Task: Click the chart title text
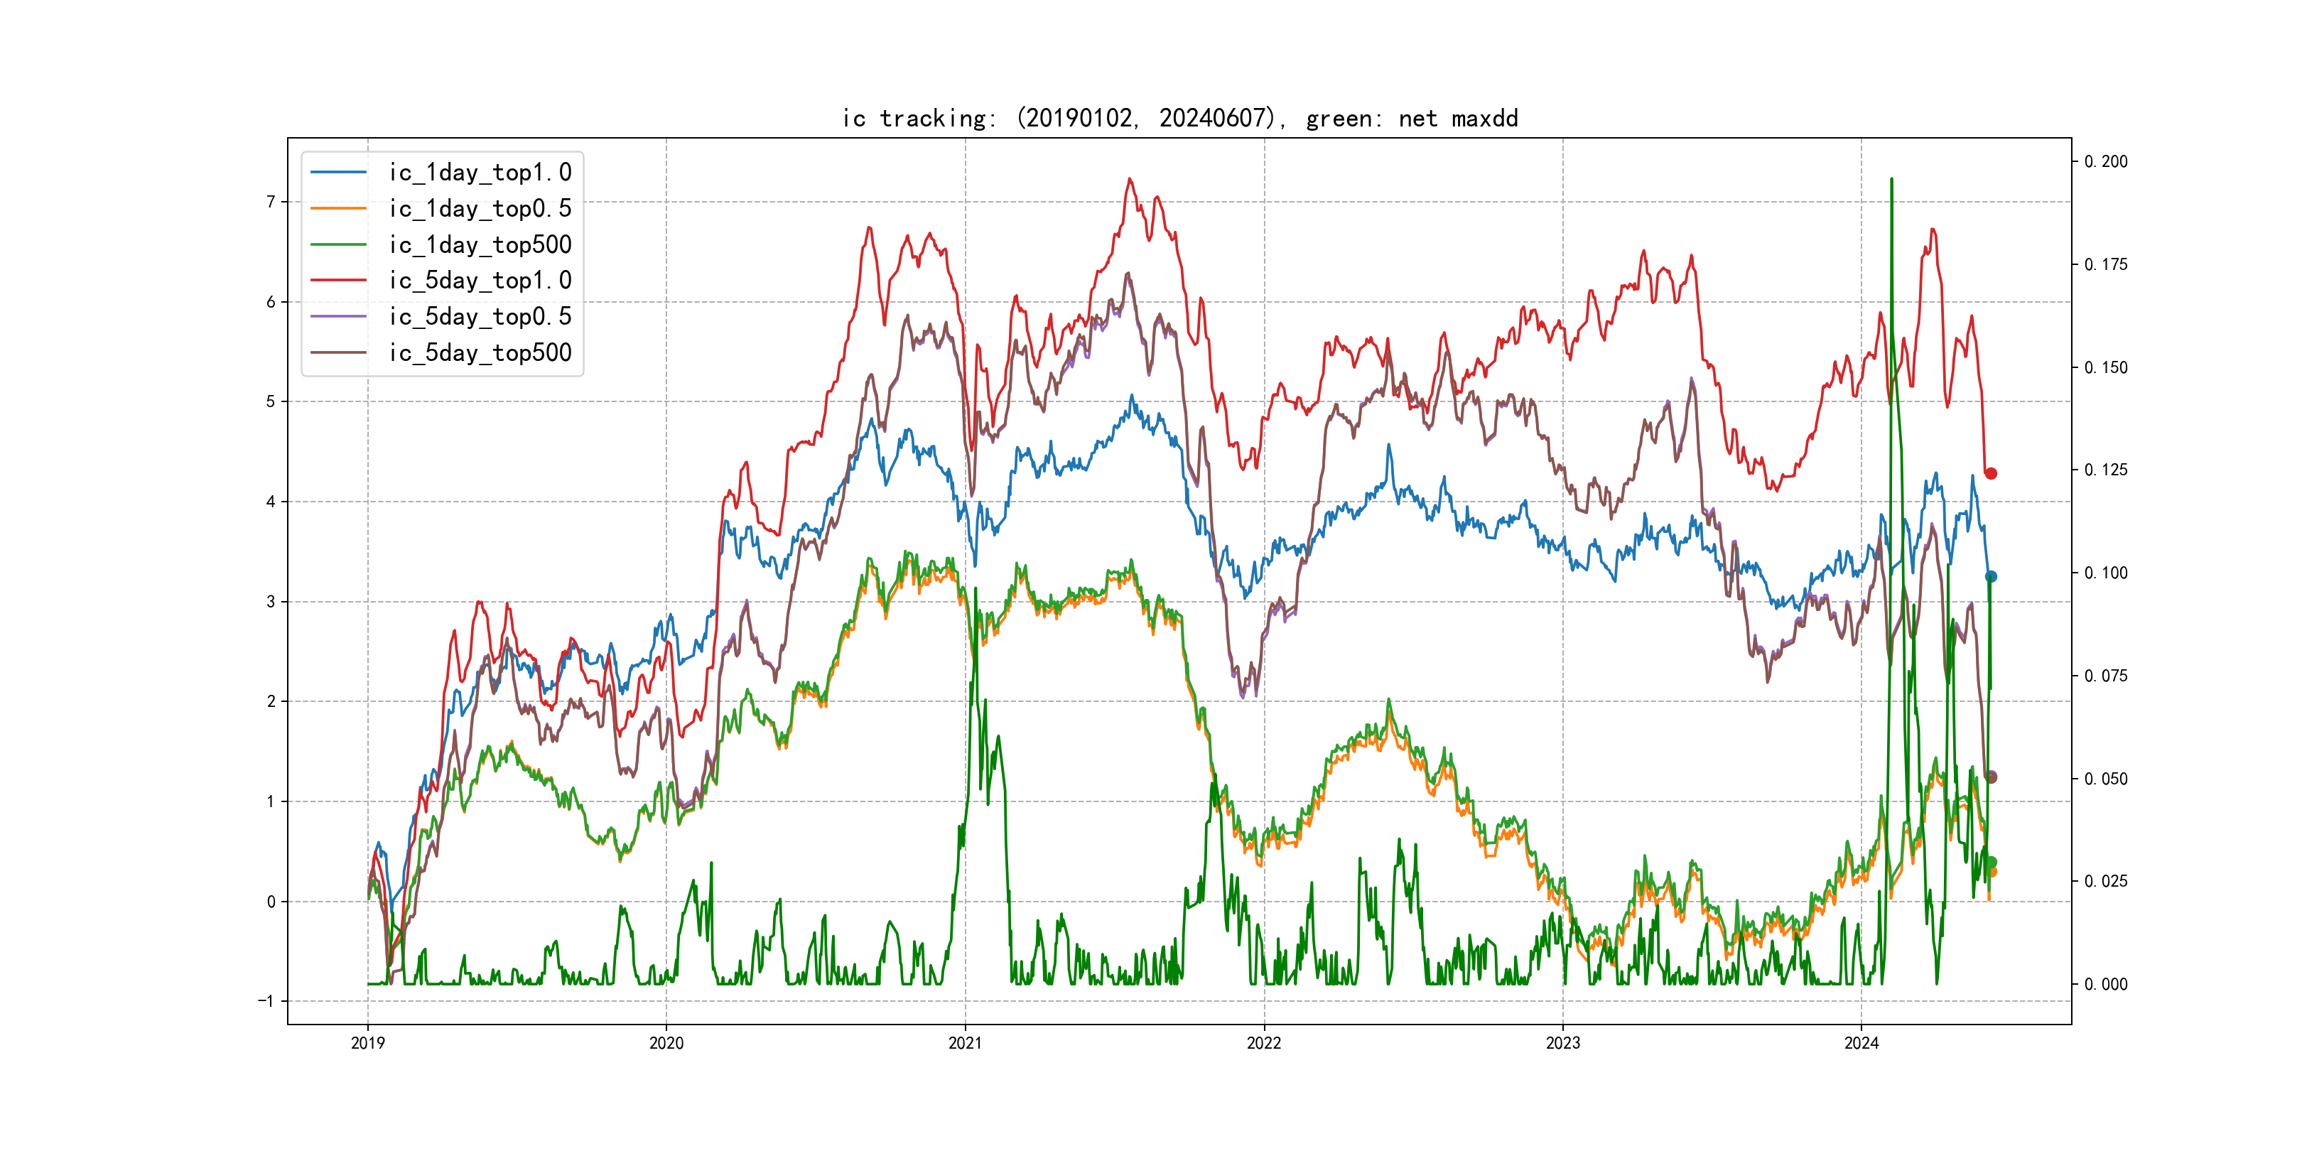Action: click(1179, 118)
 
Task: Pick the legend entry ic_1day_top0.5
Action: click(479, 208)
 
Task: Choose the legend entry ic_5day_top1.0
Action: click(479, 281)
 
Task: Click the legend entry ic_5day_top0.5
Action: click(479, 316)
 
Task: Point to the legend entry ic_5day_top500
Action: click(479, 353)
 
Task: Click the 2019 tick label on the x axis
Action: click(367, 1043)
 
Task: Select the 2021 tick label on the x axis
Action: click(965, 1043)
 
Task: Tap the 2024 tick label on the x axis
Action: click(1861, 1043)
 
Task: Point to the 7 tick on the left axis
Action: click(271, 202)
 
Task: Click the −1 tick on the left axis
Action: click(266, 1001)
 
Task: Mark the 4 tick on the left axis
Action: click(271, 502)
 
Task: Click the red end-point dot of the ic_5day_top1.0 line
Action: click(1991, 474)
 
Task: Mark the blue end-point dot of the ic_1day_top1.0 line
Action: click(1991, 576)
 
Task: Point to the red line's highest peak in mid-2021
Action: click(1130, 180)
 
